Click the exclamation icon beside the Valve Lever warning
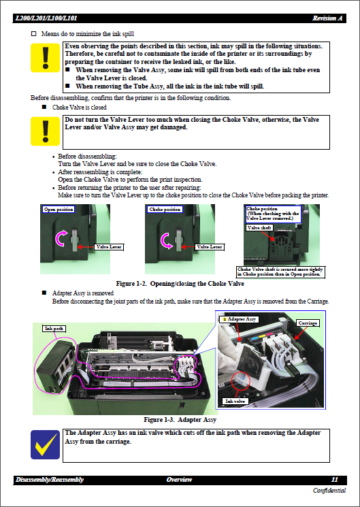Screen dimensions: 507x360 [46, 131]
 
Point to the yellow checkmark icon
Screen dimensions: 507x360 [46, 444]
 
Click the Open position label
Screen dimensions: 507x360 [59, 210]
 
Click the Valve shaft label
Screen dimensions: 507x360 [259, 229]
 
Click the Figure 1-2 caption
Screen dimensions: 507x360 [180, 283]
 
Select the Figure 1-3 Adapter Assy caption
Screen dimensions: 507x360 [180, 420]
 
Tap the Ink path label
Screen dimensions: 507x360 [54, 328]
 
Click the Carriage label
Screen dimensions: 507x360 [307, 322]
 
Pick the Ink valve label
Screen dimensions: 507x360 [235, 401]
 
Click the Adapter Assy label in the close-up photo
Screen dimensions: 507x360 [240, 318]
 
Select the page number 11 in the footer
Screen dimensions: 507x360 [334, 480]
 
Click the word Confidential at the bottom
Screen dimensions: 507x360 [329, 491]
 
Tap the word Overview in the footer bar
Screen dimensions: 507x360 [180, 480]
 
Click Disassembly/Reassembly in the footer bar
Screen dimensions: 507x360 [49, 480]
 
